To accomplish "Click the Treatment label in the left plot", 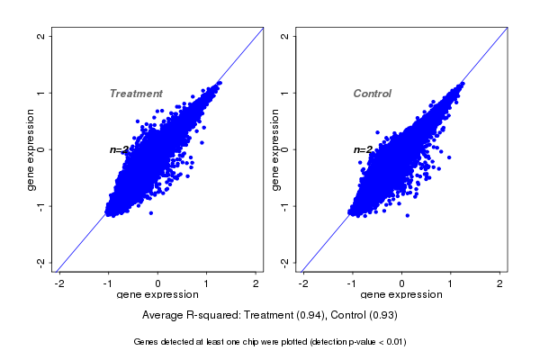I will click(x=136, y=94).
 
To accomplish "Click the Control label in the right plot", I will click(x=372, y=94).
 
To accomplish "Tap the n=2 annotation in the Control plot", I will click(x=362, y=149).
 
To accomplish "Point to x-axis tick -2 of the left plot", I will click(x=60, y=283).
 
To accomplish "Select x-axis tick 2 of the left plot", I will click(x=256, y=283).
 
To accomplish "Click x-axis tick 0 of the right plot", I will click(x=401, y=283).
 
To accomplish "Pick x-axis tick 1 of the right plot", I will click(x=451, y=283).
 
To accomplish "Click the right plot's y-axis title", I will click(x=273, y=149).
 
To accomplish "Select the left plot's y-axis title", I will click(x=30, y=149).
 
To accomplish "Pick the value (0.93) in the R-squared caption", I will click(x=382, y=316).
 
